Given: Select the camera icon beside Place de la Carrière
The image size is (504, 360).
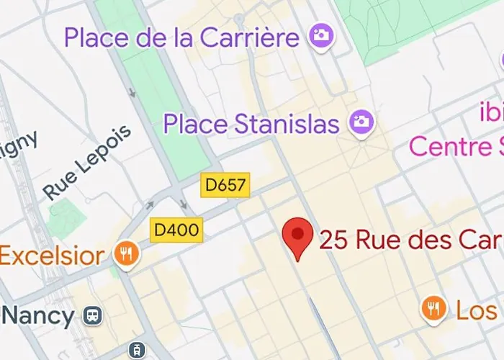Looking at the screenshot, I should pyautogui.click(x=320, y=35).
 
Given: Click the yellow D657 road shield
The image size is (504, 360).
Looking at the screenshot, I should pyautogui.click(x=225, y=186).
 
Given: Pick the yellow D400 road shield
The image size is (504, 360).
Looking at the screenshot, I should pyautogui.click(x=176, y=231).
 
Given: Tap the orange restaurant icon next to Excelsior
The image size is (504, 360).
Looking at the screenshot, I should pyautogui.click(x=127, y=253).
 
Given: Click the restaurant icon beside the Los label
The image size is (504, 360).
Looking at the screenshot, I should pyautogui.click(x=433, y=309).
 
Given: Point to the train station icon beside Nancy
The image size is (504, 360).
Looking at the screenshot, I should pyautogui.click(x=92, y=315).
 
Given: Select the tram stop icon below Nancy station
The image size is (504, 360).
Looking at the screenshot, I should pyautogui.click(x=135, y=350).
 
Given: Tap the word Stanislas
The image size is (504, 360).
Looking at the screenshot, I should pyautogui.click(x=290, y=124).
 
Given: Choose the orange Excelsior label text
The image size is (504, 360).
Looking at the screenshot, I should pyautogui.click(x=52, y=255).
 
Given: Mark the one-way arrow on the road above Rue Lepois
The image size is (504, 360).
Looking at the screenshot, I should pyautogui.click(x=132, y=93).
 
